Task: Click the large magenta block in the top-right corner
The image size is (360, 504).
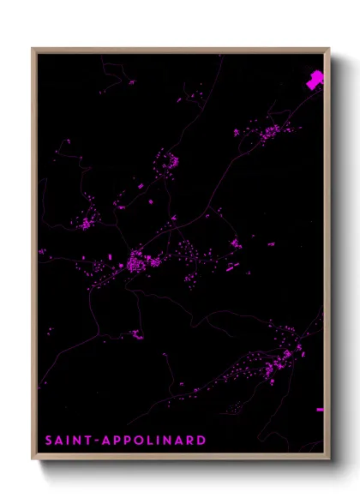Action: tap(315, 81)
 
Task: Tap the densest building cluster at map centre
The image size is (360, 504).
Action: tap(137, 261)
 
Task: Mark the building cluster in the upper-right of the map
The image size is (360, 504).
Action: tap(267, 133)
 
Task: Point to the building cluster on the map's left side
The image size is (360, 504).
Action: tap(86, 223)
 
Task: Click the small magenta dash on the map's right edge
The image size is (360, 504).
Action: tap(320, 410)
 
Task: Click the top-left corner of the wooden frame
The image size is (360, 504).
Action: tap(33, 49)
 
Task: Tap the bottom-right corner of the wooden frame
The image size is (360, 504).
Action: tap(328, 458)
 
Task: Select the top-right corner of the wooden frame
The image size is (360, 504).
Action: tap(328, 49)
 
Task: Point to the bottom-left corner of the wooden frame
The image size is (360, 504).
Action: tap(33, 458)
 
